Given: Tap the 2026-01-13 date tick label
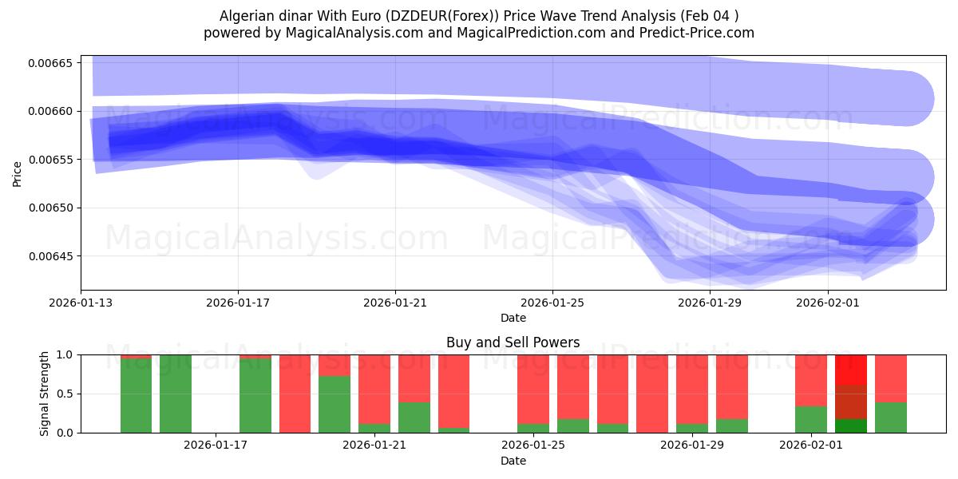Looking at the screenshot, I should (81, 303).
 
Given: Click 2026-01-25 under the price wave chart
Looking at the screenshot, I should (552, 303).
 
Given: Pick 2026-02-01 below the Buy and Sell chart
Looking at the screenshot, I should (810, 445).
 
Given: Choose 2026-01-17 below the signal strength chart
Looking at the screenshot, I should (216, 445).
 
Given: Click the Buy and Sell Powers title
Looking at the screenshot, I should (513, 342).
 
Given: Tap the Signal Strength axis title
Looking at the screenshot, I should (45, 393).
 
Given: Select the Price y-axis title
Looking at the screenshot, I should (18, 172).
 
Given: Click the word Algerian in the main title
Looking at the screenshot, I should (245, 16).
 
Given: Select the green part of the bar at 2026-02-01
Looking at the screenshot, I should (811, 420).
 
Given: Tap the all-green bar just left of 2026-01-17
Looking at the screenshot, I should (176, 394).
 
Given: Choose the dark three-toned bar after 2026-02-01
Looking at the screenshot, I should (851, 394).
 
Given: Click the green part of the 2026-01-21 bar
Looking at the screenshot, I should (374, 428).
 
